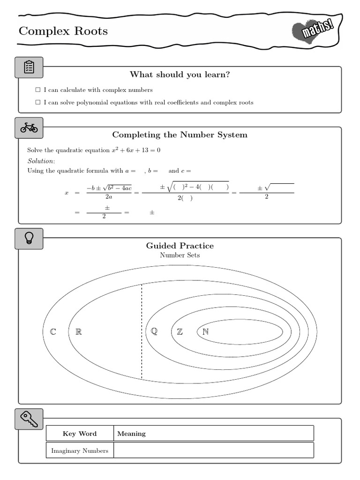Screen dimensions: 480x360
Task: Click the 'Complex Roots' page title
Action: point(63,31)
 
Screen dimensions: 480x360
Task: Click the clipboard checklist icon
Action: point(29,67)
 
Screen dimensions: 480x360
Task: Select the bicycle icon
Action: point(29,127)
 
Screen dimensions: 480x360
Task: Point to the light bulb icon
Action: point(29,238)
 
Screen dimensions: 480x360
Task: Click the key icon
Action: point(29,419)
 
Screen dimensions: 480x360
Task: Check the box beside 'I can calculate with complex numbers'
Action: point(38,90)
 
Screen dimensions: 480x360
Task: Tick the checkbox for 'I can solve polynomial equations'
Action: point(38,102)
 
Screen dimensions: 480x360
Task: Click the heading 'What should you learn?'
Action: point(180,75)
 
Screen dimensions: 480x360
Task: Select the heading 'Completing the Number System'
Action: point(180,135)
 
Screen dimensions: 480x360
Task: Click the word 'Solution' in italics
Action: point(41,161)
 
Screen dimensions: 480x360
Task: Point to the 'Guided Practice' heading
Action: point(180,246)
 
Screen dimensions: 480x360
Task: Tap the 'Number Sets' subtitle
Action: point(180,255)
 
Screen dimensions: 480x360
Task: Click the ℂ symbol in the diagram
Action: point(53,332)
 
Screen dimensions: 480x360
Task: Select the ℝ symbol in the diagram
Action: point(79,332)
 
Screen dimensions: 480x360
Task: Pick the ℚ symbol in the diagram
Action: point(154,331)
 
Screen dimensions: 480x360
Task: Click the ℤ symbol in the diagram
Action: point(180,332)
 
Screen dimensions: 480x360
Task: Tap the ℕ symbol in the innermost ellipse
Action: point(205,332)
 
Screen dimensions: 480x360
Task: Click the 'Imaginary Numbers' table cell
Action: point(80,450)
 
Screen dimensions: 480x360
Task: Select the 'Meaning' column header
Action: point(131,434)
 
